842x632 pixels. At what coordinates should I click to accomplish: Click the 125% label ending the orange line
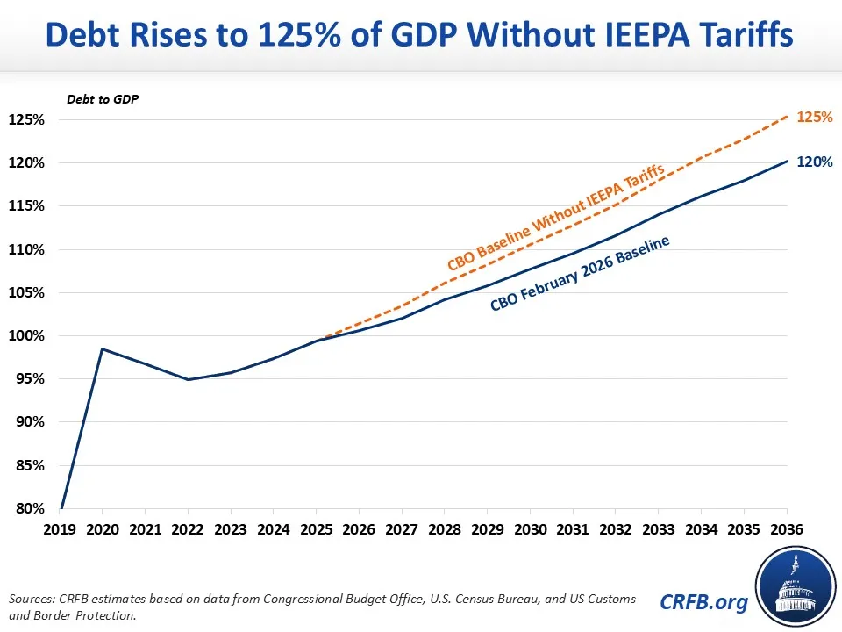coord(814,116)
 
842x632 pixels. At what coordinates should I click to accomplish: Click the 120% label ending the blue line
coord(814,162)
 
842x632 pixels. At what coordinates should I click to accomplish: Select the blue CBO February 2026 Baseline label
coord(579,275)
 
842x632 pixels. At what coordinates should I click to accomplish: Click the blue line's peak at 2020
coord(103,349)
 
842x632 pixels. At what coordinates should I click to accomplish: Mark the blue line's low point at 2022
coord(188,379)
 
